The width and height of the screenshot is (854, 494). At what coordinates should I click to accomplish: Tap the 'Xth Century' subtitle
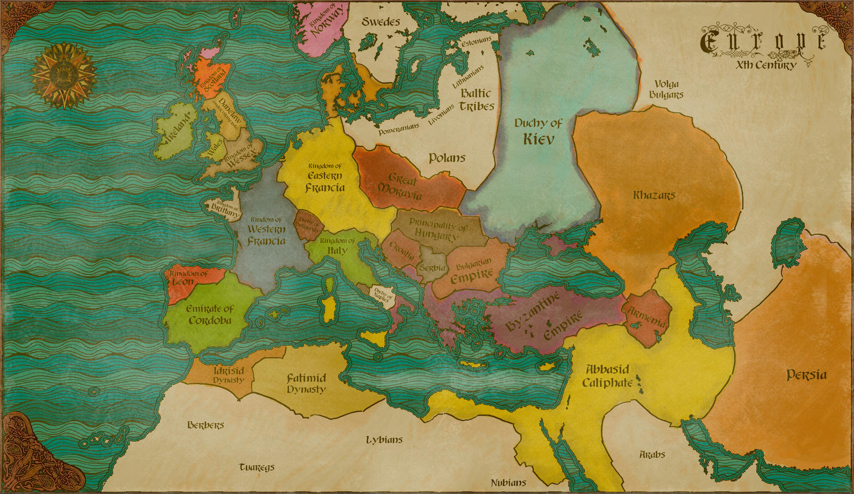pyautogui.click(x=765, y=65)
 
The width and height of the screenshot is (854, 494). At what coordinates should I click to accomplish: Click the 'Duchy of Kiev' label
pyautogui.click(x=538, y=131)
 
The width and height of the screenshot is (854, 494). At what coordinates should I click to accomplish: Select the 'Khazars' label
pyautogui.click(x=654, y=195)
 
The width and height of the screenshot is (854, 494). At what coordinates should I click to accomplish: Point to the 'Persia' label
pyautogui.click(x=806, y=375)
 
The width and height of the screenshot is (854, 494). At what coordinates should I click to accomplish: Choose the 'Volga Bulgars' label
pyautogui.click(x=666, y=89)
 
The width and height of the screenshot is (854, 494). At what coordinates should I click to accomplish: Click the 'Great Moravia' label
pyautogui.click(x=401, y=186)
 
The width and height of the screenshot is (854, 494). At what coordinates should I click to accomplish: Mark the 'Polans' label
pyautogui.click(x=447, y=158)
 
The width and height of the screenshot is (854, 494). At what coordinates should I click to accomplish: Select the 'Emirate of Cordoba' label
pyautogui.click(x=210, y=315)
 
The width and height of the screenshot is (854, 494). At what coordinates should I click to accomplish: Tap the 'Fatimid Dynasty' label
pyautogui.click(x=306, y=383)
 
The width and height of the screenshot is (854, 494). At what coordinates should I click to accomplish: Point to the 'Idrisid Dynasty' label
pyautogui.click(x=228, y=375)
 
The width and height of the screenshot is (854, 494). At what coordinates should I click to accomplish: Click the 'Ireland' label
pyautogui.click(x=178, y=130)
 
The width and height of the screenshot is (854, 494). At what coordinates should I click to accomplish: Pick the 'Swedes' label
pyautogui.click(x=381, y=22)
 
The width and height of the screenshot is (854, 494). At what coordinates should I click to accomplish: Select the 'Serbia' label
pyautogui.click(x=432, y=267)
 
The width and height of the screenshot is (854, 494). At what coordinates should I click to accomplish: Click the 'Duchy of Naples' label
pyautogui.click(x=383, y=294)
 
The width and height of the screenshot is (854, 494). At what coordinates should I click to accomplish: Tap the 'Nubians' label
pyautogui.click(x=508, y=483)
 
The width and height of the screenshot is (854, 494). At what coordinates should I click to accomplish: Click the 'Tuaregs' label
pyautogui.click(x=257, y=467)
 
